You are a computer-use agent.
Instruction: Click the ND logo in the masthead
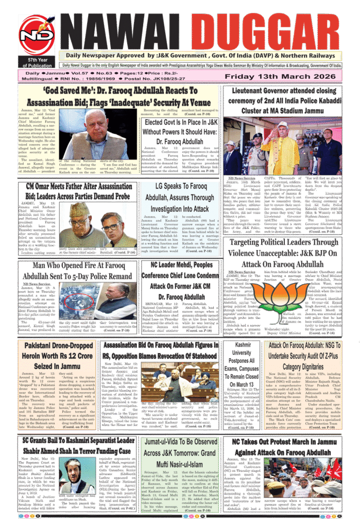tap(36, 34)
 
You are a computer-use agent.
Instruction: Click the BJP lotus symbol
tap(280, 297)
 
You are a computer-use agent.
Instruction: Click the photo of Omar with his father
tap(97, 224)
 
